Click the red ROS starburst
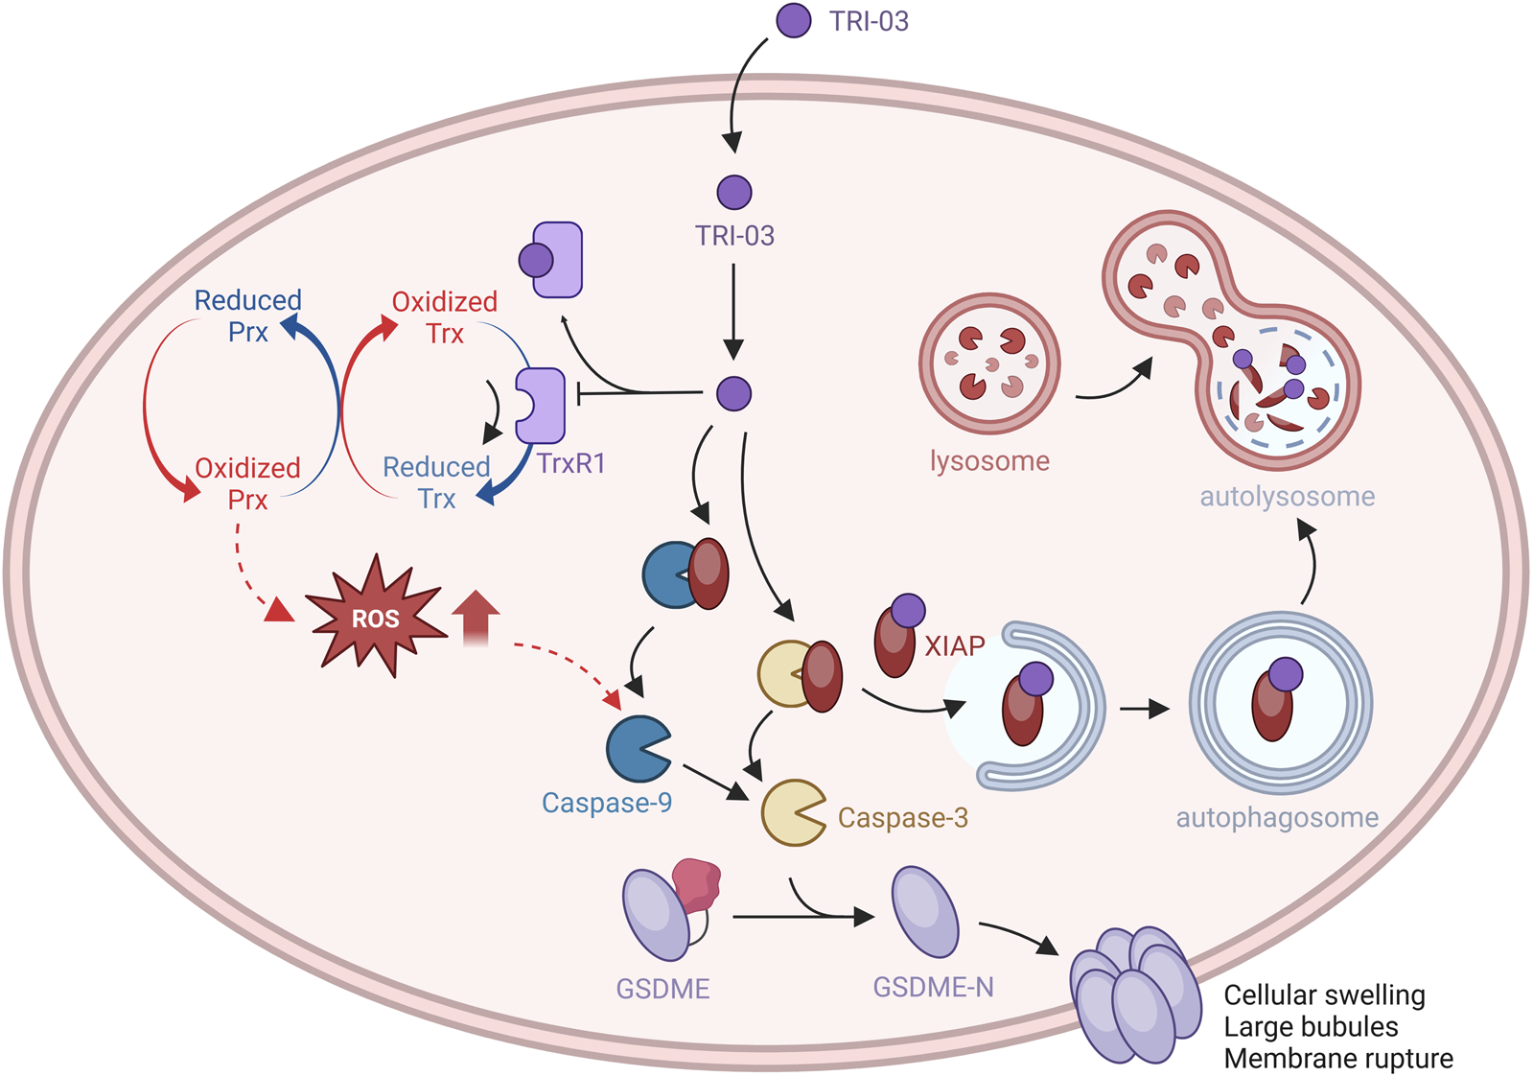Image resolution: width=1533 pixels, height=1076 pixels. (x=375, y=618)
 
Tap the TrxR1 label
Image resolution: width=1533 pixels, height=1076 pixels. (x=570, y=463)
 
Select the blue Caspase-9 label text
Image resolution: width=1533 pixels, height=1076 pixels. (x=606, y=803)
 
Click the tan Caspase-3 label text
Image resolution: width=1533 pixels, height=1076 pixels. (x=902, y=818)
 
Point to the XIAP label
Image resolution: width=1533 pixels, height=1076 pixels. (x=954, y=646)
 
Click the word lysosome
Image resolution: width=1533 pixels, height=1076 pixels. (x=989, y=461)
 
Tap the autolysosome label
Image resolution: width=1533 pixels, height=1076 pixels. (x=1287, y=497)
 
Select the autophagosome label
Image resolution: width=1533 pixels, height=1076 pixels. (x=1277, y=818)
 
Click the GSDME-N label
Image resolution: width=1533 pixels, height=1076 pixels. (x=933, y=987)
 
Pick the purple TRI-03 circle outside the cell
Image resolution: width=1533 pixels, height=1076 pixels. (x=793, y=20)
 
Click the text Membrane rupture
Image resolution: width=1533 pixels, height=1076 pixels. (x=1338, y=1059)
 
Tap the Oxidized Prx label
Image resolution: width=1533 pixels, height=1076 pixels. (x=247, y=483)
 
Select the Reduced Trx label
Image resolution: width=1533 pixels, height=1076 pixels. (x=436, y=482)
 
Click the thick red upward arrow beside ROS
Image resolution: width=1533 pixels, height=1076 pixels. (x=476, y=617)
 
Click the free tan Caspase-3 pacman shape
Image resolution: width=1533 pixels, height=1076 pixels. (x=792, y=812)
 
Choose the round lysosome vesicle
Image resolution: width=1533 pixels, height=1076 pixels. (x=989, y=363)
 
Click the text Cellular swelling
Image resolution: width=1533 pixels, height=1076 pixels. (x=1324, y=995)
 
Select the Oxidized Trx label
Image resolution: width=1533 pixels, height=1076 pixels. (x=445, y=317)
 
